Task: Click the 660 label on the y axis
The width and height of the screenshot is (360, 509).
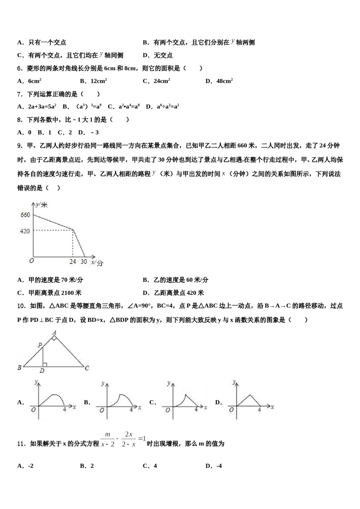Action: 25,215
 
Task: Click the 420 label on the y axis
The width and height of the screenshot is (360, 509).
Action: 25,231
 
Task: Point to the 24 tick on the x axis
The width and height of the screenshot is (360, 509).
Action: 73,262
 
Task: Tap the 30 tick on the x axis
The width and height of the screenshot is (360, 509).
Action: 84,262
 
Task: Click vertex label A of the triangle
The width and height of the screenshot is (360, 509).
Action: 54,333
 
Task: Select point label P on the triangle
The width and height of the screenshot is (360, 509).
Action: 39,345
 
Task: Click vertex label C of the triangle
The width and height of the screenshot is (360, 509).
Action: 87,368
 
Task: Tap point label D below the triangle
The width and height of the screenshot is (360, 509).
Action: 42,371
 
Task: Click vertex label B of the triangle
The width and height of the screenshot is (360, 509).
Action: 19,367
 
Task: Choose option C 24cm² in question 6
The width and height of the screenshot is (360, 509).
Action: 156,81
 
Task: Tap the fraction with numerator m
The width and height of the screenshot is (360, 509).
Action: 108,439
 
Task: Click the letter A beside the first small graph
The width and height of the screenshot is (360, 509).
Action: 20,402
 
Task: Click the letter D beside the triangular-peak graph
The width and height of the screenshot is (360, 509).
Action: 218,402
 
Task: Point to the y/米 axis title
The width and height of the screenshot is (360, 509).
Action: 42,205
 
